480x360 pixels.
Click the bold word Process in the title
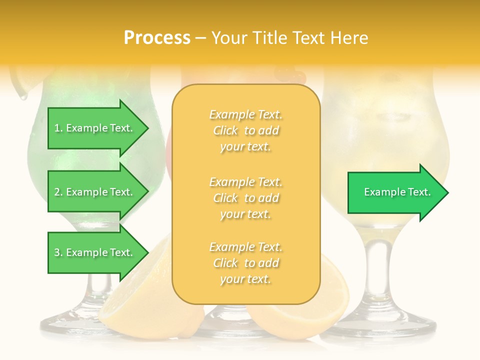click(x=157, y=38)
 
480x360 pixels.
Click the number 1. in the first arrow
click(x=58, y=128)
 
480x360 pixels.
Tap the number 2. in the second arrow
click(x=58, y=192)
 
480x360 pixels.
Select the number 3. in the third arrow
click(x=58, y=252)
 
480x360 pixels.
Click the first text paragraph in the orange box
click(x=245, y=130)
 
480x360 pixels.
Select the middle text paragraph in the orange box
click(x=245, y=198)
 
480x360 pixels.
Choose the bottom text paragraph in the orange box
click(x=245, y=263)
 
